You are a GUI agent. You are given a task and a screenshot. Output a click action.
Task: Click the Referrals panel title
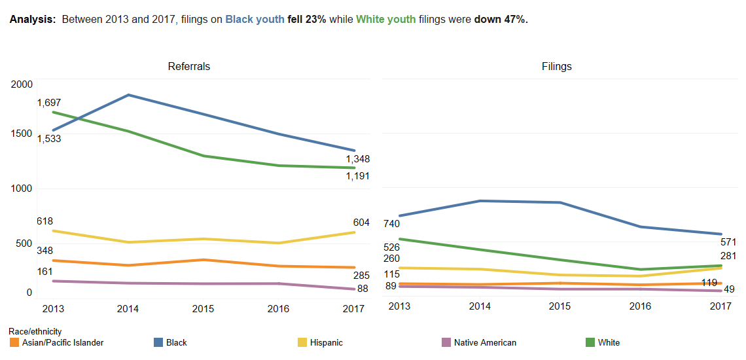pyautogui.click(x=189, y=66)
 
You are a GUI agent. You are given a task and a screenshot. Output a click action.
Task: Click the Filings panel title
pyautogui.click(x=556, y=66)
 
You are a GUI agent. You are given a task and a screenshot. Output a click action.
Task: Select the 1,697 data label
pyautogui.click(x=49, y=103)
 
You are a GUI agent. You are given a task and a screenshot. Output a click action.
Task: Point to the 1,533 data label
pyautogui.click(x=49, y=138)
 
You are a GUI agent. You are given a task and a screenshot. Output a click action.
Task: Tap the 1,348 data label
pyautogui.click(x=358, y=159)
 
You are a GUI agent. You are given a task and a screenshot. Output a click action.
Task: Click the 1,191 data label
pyautogui.click(x=358, y=175)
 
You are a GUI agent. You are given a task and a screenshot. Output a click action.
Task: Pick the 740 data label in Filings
pyautogui.click(x=391, y=224)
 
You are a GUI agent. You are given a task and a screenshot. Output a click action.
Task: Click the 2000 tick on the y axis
pyautogui.click(x=22, y=84)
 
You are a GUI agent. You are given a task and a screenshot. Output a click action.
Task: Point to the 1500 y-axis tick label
pyautogui.click(x=22, y=134)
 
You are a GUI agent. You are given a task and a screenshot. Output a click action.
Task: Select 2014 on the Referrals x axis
pyautogui.click(x=127, y=308)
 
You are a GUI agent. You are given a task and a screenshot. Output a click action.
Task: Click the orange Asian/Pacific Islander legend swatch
pyautogui.click(x=14, y=342)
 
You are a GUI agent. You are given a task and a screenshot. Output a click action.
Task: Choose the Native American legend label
pyautogui.click(x=485, y=342)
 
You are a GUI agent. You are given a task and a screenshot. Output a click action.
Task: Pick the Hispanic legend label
pyautogui.click(x=326, y=342)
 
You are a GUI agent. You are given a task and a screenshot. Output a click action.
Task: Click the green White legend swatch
pyautogui.click(x=590, y=342)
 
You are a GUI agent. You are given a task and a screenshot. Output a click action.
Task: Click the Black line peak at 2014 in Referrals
pyautogui.click(x=128, y=95)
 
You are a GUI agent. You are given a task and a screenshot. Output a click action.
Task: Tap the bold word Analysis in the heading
pyautogui.click(x=33, y=20)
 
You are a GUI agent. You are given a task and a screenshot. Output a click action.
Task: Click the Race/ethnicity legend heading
pyautogui.click(x=35, y=332)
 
